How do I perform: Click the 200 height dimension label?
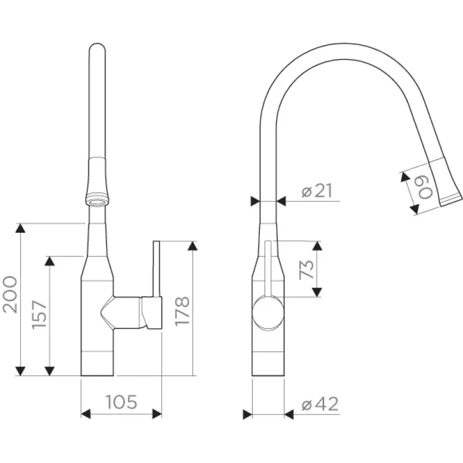(x=10, y=295)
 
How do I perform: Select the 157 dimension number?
(x=39, y=315)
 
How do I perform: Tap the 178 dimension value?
(x=182, y=311)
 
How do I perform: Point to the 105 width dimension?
(x=122, y=402)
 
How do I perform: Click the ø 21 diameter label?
(x=317, y=191)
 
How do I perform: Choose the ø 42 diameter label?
(x=320, y=403)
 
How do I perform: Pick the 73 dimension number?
(x=306, y=269)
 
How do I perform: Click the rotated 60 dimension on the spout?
(x=425, y=187)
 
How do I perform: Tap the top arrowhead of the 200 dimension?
(x=20, y=228)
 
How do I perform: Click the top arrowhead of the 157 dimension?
(x=50, y=261)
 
